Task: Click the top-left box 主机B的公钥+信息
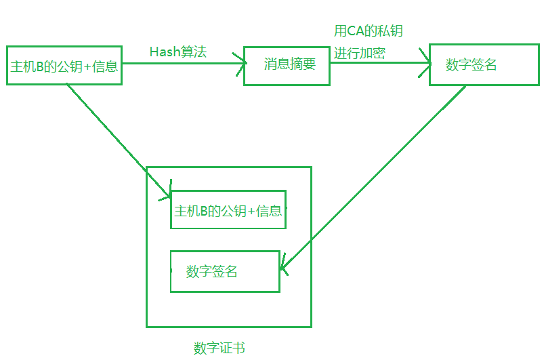[x=64, y=66]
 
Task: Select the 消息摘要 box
[x=287, y=66]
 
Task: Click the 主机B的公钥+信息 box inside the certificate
[x=228, y=210]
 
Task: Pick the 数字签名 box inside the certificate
[x=224, y=272]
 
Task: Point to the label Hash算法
[x=178, y=52]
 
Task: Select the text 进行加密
[x=360, y=54]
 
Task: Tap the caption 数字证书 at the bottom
[x=219, y=348]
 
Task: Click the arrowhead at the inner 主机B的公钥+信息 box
[x=167, y=195]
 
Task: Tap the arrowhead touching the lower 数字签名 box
[x=283, y=270]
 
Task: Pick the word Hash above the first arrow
[x=163, y=52]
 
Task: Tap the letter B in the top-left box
[x=39, y=66]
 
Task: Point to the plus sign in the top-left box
[x=87, y=66]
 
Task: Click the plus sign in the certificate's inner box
[x=251, y=211]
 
